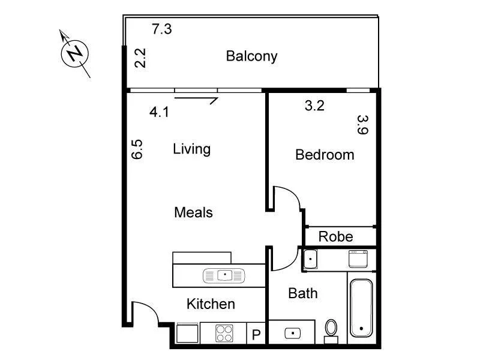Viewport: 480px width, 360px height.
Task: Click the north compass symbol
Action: (x=75, y=53)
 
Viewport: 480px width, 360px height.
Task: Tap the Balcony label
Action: (x=251, y=56)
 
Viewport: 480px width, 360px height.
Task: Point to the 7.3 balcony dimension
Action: (x=162, y=29)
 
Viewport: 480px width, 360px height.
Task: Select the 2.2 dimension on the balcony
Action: (x=140, y=58)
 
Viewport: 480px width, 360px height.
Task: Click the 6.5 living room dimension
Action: (x=137, y=149)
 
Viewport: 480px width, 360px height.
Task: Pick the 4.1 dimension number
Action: (x=159, y=112)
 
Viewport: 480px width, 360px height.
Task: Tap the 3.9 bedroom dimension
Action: (x=361, y=125)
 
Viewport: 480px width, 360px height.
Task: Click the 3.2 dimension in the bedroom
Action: (x=314, y=106)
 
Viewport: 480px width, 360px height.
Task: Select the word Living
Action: (x=191, y=149)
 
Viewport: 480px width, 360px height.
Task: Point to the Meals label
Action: (x=193, y=212)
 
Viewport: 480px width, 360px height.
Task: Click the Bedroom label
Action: (x=325, y=155)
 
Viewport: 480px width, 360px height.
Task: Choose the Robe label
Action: (x=335, y=236)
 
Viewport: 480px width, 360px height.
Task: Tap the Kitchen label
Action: (x=211, y=304)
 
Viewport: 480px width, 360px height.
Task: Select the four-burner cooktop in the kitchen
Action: (x=224, y=333)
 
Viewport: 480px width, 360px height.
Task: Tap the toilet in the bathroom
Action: (x=331, y=330)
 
